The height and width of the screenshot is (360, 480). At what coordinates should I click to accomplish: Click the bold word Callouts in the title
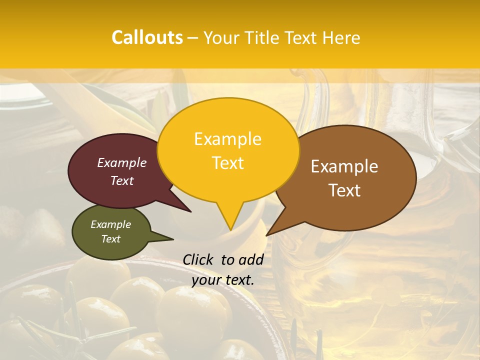point(147,37)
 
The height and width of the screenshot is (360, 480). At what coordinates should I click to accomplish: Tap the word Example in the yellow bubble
point(227,139)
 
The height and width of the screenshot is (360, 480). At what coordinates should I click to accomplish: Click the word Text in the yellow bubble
point(227,163)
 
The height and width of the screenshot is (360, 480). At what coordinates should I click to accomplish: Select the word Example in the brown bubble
point(344,166)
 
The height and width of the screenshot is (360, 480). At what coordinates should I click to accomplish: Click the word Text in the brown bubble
point(344,190)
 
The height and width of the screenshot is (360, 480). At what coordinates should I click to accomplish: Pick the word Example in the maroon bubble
point(122,162)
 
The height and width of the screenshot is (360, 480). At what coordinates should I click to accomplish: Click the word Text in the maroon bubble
point(122,180)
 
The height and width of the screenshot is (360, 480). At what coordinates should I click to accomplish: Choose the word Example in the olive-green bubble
point(110,224)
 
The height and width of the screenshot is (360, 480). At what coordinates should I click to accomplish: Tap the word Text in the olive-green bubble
point(110,239)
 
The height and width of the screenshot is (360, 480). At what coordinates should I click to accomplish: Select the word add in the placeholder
point(251,259)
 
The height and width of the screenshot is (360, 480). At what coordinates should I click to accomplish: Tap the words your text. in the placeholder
point(222,280)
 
